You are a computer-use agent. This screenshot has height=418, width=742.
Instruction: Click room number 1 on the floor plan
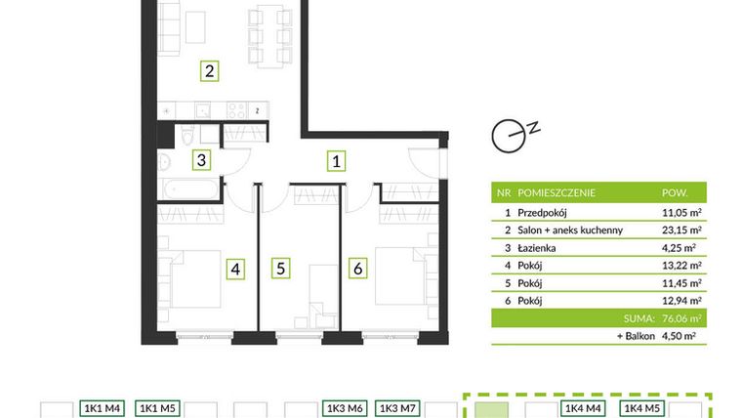335,160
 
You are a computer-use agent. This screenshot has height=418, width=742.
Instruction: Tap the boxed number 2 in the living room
208,70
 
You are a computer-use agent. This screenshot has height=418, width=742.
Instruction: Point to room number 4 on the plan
235,268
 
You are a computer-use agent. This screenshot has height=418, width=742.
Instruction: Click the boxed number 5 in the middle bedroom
280,268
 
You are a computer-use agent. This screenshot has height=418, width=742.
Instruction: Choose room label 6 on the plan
358,268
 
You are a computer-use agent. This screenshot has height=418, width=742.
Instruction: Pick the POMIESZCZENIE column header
557,192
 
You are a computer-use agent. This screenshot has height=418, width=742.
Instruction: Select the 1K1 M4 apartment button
103,408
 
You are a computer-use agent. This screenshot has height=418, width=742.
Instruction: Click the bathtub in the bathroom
190,187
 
